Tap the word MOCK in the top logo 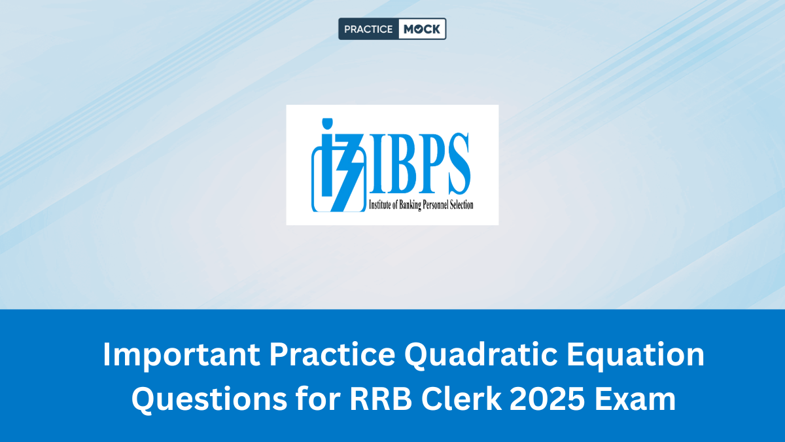pos(422,29)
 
